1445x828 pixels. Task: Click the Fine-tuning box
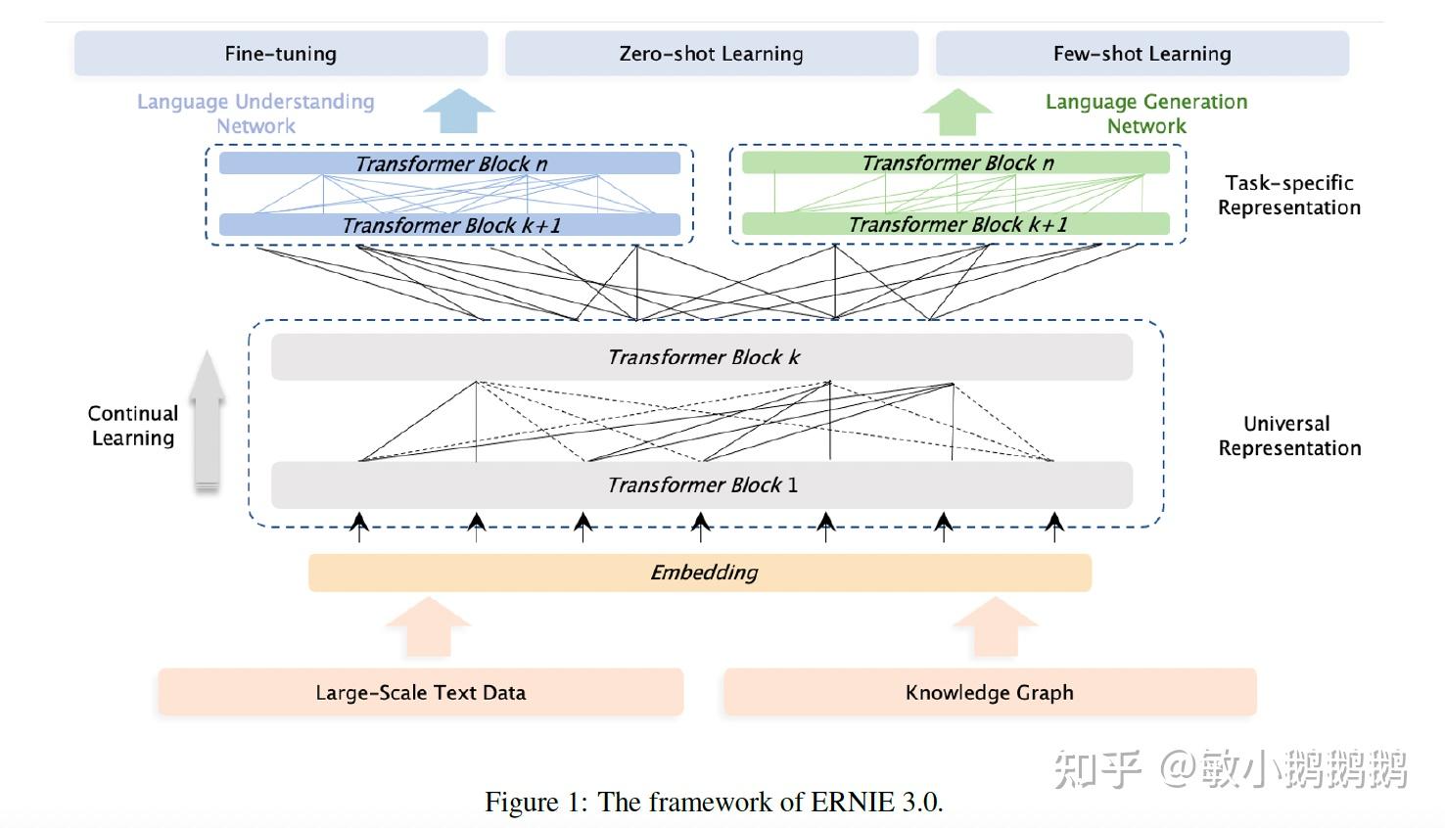pyautogui.click(x=281, y=54)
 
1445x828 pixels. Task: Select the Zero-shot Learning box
pyautogui.click(x=712, y=54)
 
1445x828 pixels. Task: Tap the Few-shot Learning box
pyautogui.click(x=1142, y=54)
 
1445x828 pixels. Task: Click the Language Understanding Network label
pyautogui.click(x=256, y=114)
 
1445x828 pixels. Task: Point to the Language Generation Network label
pyautogui.click(x=1146, y=114)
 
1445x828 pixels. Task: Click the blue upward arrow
pyautogui.click(x=458, y=111)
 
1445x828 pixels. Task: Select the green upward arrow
pyautogui.click(x=957, y=112)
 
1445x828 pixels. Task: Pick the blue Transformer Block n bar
pyautogui.click(x=449, y=163)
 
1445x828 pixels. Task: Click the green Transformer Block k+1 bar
pyautogui.click(x=956, y=224)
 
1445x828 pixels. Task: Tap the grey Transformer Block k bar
pyautogui.click(x=702, y=357)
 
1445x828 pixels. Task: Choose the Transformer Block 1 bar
pyautogui.click(x=702, y=484)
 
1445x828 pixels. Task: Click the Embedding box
pyautogui.click(x=700, y=573)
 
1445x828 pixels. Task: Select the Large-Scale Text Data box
pyautogui.click(x=420, y=693)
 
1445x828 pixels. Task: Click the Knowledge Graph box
pyautogui.click(x=989, y=693)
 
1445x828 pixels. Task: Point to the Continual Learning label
pyautogui.click(x=133, y=426)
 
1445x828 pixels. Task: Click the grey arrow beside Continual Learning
pyautogui.click(x=207, y=421)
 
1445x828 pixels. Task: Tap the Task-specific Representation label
pyautogui.click(x=1288, y=195)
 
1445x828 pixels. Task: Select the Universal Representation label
pyautogui.click(x=1288, y=436)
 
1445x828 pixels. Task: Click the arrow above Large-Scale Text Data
pyautogui.click(x=428, y=626)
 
